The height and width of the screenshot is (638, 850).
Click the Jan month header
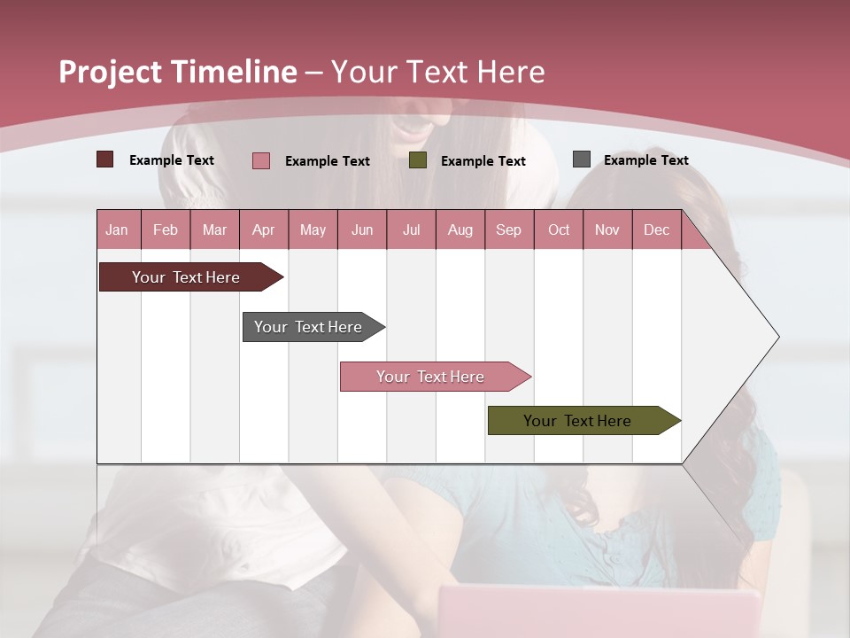pos(117,230)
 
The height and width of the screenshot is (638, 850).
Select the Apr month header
pos(263,230)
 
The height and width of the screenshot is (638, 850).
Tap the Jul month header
pos(411,230)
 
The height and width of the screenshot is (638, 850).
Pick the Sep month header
pos(508,230)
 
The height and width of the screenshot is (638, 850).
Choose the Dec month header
pos(656,230)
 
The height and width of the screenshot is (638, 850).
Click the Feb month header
pos(166,230)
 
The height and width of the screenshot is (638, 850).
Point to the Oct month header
pos(559,230)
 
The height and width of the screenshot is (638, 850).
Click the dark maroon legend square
pos(104,159)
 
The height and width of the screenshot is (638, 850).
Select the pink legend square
pos(260,160)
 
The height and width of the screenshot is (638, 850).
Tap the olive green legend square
pos(418,160)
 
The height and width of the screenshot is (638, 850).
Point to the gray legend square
pos(582,159)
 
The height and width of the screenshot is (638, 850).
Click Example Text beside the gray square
pos(645,159)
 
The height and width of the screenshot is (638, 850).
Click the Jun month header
pos(362,230)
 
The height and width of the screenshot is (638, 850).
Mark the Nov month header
pos(607,230)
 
